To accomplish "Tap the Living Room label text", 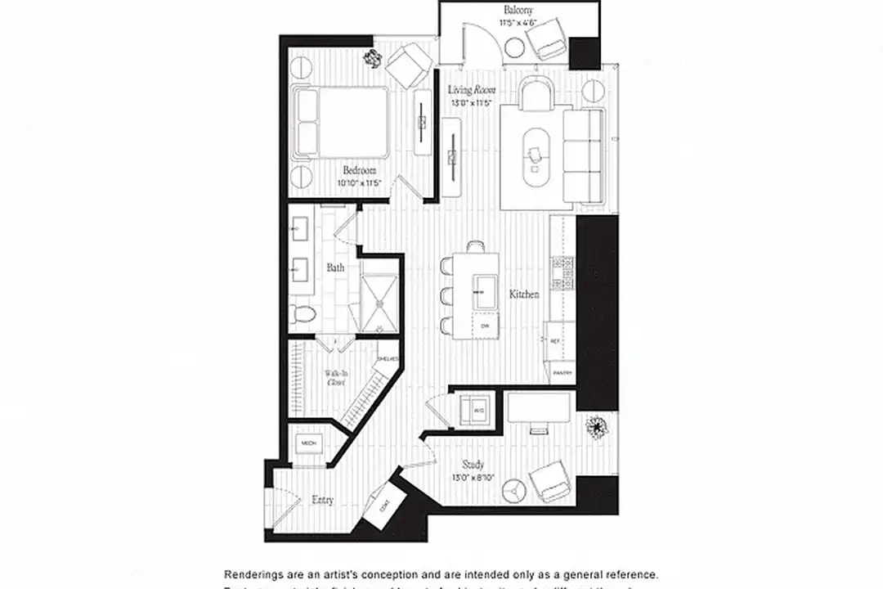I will point(473,90).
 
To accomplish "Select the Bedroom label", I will point(360,170).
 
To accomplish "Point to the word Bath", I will point(335,268).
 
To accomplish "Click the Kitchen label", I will point(524,294).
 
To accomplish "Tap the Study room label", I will point(473,465).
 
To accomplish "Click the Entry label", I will point(322,500).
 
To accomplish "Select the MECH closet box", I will point(308,443).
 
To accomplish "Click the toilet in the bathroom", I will point(303,313).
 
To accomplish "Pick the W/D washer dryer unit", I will point(473,408).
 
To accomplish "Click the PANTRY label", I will point(562,372).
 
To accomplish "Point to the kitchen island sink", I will point(484,290).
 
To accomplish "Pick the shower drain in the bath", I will point(379,303).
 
